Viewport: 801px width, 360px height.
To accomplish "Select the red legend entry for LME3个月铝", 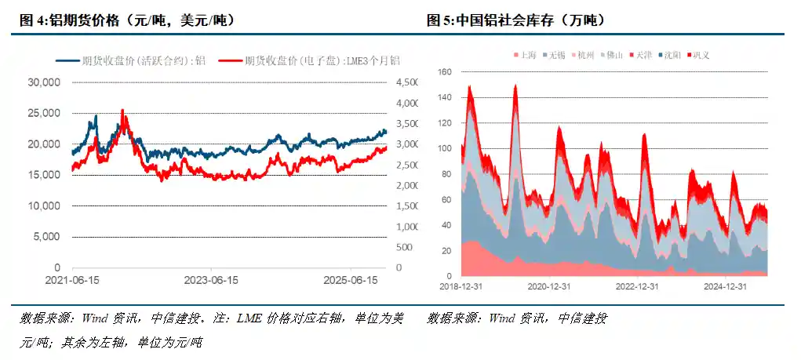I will click(309, 60).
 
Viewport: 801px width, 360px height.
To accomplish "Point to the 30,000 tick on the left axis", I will click(44, 82).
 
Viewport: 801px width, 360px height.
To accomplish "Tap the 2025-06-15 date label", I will click(351, 280).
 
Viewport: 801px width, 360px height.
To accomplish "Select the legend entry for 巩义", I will click(701, 55).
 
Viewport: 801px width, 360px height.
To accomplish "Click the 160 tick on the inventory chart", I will click(445, 72).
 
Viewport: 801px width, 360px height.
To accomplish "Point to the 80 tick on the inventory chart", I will click(447, 174).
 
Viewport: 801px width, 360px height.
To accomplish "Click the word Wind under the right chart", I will click(503, 318).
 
